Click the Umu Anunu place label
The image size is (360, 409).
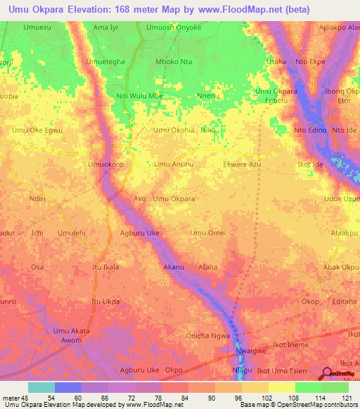pos(174,164)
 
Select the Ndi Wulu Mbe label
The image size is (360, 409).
pos(140,96)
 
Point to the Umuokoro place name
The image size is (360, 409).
pos(105,164)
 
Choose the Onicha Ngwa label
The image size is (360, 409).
pos(207,336)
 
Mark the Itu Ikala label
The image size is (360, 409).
pos(105,268)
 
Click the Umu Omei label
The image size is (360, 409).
pos(207,233)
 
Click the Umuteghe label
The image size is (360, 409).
pos(105,61)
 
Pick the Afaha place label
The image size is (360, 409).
pos(208,268)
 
